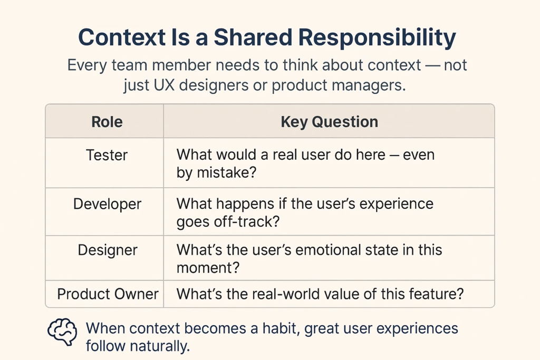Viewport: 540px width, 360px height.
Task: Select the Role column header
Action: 107,122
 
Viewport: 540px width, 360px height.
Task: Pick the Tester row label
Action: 107,155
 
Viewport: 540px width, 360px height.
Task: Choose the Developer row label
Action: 107,205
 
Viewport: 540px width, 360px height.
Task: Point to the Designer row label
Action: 108,250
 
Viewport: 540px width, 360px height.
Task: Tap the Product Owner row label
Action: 108,294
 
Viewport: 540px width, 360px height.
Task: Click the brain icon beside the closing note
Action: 62,332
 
